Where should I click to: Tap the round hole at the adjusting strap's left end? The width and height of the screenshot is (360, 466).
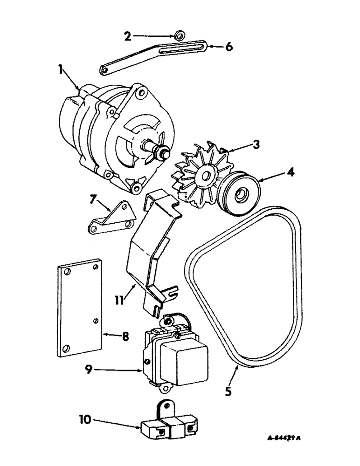(x=105, y=70)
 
